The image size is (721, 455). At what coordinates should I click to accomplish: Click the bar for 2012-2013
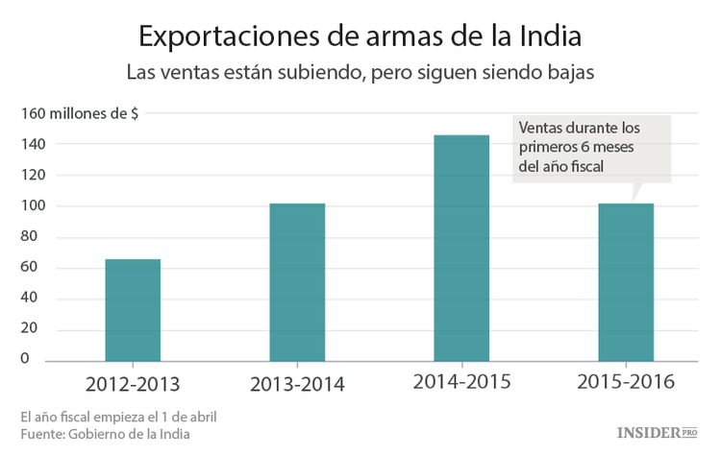(x=133, y=310)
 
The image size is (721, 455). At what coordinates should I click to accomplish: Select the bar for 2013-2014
(x=297, y=282)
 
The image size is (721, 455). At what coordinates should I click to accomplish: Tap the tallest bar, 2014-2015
(x=461, y=249)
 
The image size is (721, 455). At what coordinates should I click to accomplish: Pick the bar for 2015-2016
(x=626, y=282)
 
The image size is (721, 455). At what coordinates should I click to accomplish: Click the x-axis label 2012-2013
(x=133, y=385)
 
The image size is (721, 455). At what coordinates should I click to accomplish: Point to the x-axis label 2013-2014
(x=297, y=385)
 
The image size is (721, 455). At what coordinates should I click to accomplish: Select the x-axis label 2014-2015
(x=461, y=383)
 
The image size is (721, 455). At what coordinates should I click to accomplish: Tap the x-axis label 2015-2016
(x=626, y=383)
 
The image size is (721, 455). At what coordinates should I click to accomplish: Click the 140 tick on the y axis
(x=34, y=144)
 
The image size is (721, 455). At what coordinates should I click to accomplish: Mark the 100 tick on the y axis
(x=34, y=205)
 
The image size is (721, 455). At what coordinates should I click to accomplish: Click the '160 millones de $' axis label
(x=79, y=113)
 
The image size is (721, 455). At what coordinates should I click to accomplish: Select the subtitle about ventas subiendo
(x=360, y=73)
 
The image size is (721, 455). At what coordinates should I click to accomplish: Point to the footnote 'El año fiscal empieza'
(x=117, y=417)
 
